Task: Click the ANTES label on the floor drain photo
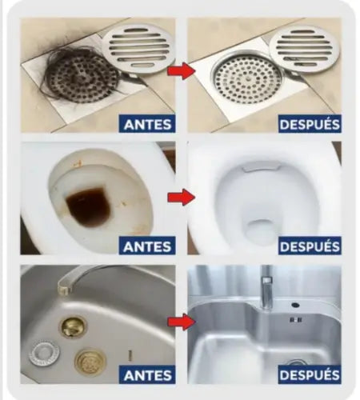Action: [147, 124]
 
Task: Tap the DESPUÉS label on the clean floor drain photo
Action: [310, 124]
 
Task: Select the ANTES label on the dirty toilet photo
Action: [147, 246]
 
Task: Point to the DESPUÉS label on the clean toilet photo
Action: [310, 246]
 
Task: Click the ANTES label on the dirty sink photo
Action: [147, 374]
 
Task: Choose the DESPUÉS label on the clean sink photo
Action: [310, 374]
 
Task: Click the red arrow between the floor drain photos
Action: [182, 71]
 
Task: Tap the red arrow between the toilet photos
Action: [182, 198]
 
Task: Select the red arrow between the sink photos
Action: [182, 322]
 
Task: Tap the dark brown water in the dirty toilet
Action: [88, 206]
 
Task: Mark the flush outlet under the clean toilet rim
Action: [261, 166]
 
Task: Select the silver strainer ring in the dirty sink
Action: [44, 353]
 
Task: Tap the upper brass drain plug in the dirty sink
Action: [73, 326]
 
